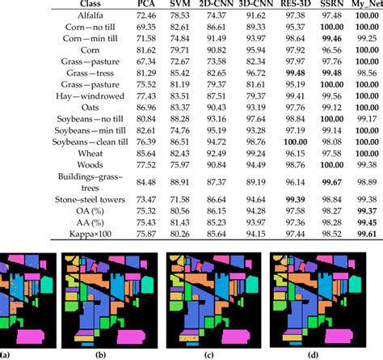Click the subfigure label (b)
[x=100, y=354]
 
